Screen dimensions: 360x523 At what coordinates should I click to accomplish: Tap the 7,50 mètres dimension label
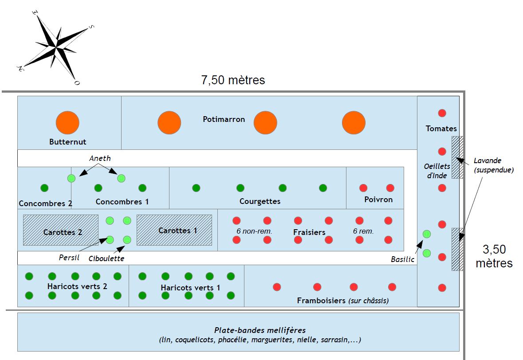(x=233, y=80)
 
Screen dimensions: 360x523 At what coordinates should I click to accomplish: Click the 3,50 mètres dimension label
(x=494, y=256)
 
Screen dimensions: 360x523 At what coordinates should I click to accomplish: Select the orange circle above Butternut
(x=67, y=122)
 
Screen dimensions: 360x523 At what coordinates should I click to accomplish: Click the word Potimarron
(x=224, y=119)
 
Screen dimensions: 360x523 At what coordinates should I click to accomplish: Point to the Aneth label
(x=100, y=158)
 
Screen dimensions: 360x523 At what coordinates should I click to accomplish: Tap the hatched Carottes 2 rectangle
(x=61, y=230)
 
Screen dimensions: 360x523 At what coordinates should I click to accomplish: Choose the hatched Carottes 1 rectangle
(x=174, y=230)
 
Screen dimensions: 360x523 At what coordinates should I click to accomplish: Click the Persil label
(x=69, y=257)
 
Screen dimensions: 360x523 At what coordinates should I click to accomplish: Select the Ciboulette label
(x=106, y=258)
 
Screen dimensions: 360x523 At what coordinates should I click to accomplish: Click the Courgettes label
(x=260, y=201)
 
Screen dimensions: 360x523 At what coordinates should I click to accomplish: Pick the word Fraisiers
(x=309, y=232)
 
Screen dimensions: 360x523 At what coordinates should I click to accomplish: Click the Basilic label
(x=403, y=259)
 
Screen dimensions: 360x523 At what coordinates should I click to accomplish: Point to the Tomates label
(x=441, y=129)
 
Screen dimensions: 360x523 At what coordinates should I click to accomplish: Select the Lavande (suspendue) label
(x=493, y=165)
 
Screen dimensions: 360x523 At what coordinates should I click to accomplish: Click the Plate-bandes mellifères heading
(x=260, y=330)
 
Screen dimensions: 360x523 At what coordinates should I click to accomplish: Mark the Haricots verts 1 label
(x=190, y=288)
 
